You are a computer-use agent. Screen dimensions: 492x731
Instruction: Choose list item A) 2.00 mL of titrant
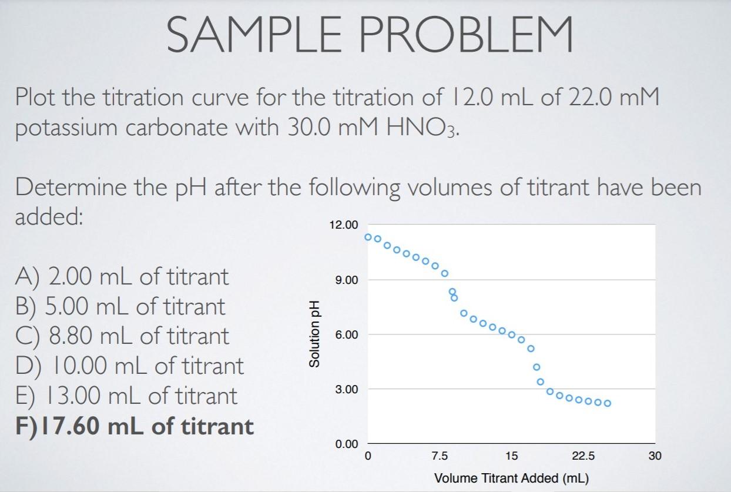click(x=122, y=276)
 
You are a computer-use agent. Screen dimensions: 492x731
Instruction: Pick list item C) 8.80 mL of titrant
click(x=122, y=336)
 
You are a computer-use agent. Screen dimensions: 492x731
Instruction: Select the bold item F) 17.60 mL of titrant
click(x=135, y=426)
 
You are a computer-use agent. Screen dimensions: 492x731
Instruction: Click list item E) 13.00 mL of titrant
click(x=126, y=395)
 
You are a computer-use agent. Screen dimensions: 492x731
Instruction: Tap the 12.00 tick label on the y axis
click(x=343, y=225)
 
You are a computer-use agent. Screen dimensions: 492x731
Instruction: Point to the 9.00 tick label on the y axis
click(x=346, y=280)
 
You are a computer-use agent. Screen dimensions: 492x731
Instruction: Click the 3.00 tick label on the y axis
click(x=346, y=389)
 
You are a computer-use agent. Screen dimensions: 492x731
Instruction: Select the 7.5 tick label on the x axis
click(x=440, y=456)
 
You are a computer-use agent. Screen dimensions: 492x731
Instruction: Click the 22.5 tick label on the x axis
click(x=583, y=456)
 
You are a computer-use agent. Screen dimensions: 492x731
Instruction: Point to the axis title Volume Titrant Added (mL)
click(x=511, y=478)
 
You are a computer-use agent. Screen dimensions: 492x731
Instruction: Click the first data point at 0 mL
click(x=368, y=237)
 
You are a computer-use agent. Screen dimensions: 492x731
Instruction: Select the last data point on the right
click(x=608, y=403)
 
